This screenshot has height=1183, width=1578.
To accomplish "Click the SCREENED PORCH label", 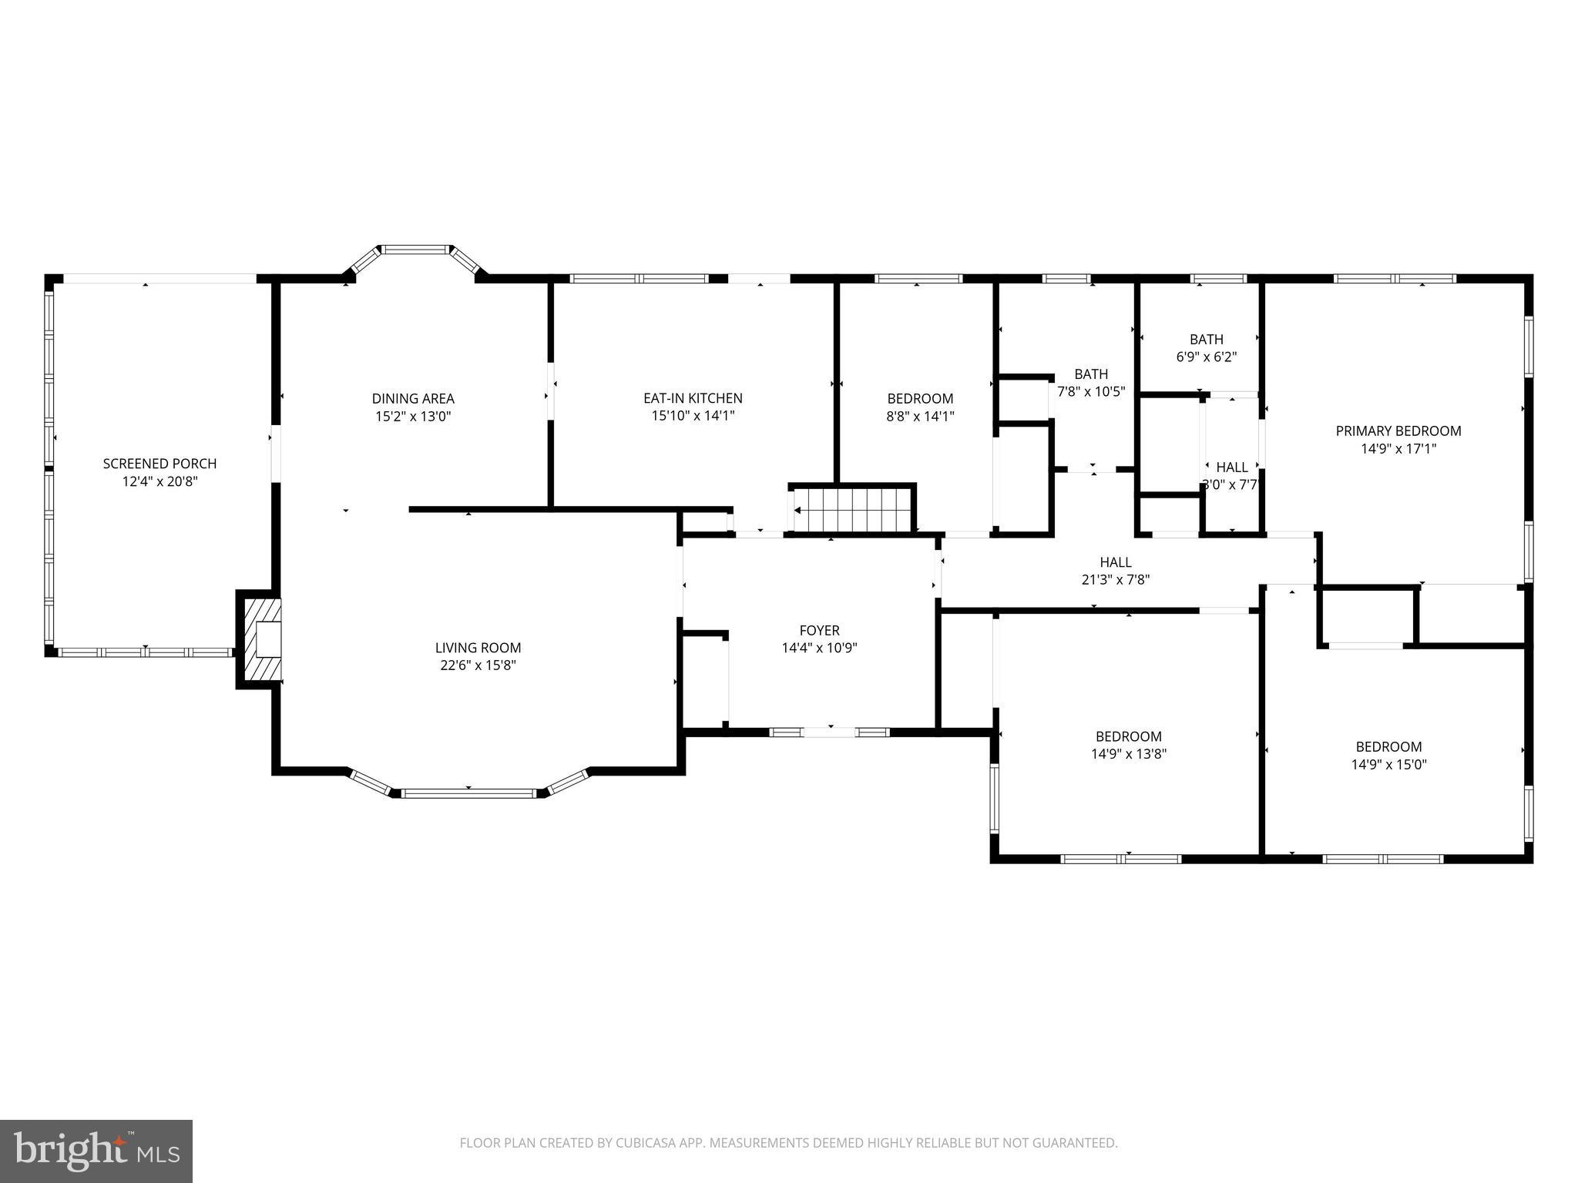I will tap(159, 464).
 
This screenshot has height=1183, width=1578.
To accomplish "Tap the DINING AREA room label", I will tap(413, 398).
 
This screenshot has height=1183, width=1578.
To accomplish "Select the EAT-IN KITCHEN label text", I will tap(693, 398).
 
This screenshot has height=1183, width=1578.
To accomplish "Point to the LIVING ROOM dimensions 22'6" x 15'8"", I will tap(478, 665).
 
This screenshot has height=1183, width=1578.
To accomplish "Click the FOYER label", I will tap(819, 630).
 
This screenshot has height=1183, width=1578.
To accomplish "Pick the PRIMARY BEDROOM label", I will tap(1398, 431).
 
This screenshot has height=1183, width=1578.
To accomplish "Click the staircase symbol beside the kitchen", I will tap(852, 509).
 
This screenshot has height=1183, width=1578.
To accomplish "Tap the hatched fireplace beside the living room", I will tap(260, 638).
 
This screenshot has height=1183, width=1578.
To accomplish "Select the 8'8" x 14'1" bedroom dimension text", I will tap(920, 416).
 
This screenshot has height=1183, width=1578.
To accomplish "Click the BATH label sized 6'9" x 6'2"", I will tap(1206, 339).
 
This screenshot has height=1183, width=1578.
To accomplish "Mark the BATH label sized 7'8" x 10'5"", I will tap(1091, 374).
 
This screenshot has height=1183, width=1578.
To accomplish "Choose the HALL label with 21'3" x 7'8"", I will tap(1115, 562).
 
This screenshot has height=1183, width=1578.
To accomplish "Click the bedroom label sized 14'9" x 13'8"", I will tap(1128, 736).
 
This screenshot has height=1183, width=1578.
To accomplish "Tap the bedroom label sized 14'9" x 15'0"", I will tap(1388, 746).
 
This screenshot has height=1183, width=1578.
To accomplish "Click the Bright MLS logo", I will tap(96, 1151).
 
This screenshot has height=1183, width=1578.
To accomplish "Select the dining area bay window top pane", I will tap(416, 249).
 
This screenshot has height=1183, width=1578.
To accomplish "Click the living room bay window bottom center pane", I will tap(468, 793).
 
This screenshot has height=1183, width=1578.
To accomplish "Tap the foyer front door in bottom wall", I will tap(830, 732).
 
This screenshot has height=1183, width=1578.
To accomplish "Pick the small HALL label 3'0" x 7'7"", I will tap(1231, 467).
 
